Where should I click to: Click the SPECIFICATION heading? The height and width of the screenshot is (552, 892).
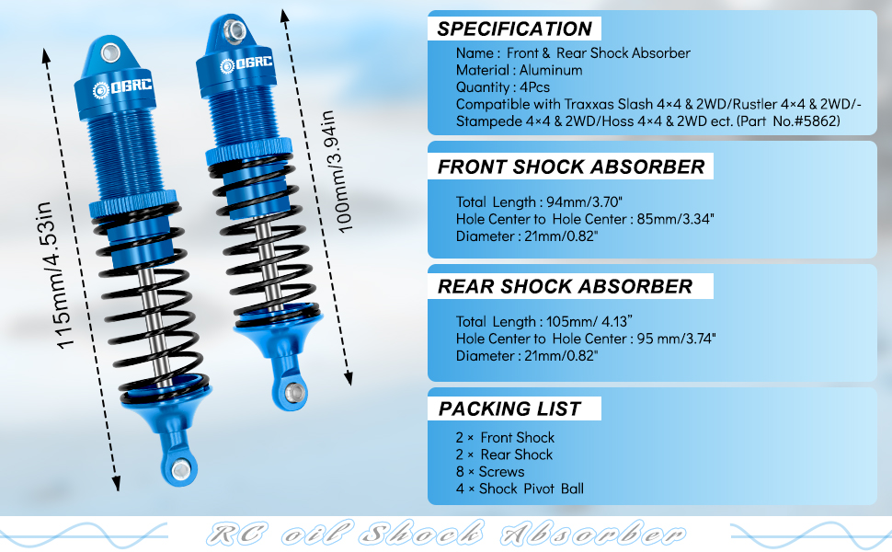coord(514,29)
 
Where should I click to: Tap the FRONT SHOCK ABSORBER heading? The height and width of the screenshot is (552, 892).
coord(570,167)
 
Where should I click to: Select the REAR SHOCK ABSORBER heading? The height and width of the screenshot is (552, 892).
coord(565,286)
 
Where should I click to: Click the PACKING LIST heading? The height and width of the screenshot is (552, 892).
coord(509,408)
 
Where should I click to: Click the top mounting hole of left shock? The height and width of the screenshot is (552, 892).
coord(111,52)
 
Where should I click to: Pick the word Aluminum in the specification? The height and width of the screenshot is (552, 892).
coord(550,70)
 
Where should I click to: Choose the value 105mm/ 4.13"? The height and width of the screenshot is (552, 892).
coord(574,322)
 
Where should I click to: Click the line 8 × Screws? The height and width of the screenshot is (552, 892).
coord(489,471)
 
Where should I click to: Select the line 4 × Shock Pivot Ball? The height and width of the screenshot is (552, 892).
coord(520,489)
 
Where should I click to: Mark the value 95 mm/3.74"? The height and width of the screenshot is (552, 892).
coord(676,339)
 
